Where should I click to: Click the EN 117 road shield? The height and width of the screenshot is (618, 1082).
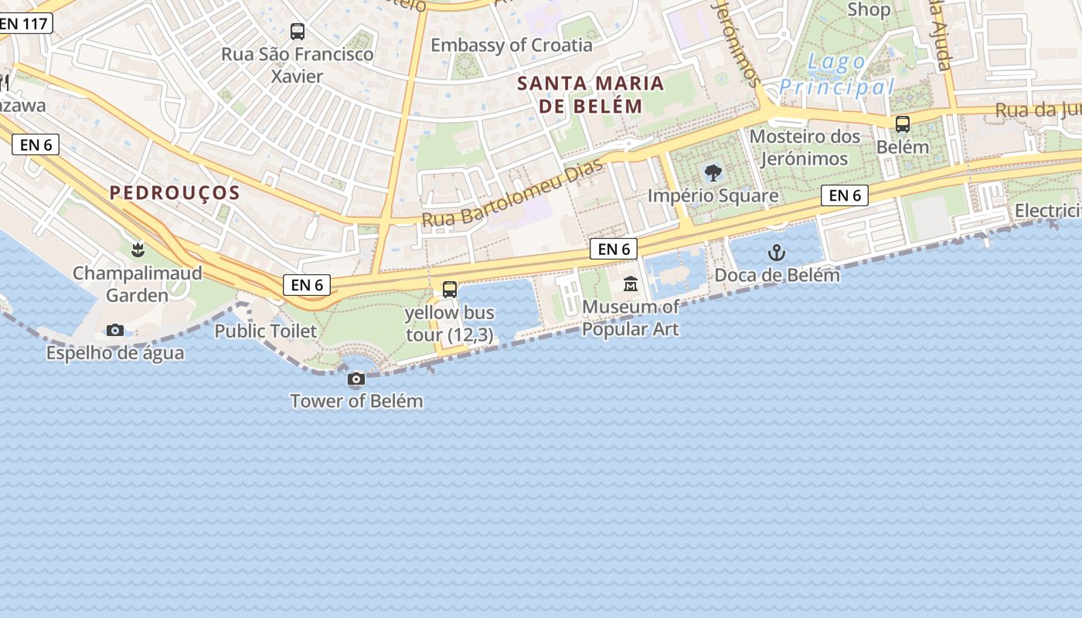[25, 23]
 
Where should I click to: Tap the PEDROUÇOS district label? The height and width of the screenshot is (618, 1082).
[175, 193]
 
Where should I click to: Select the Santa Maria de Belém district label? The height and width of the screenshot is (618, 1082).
[590, 94]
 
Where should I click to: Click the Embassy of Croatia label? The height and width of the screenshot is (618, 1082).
[511, 45]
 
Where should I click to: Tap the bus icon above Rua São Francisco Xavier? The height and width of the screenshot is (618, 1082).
[298, 32]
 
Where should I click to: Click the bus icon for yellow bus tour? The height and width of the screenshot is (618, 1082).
[450, 290]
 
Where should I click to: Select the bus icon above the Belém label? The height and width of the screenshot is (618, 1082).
[902, 124]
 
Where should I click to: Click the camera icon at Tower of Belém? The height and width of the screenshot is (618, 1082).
[356, 379]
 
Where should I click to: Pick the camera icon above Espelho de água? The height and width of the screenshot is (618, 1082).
[115, 331]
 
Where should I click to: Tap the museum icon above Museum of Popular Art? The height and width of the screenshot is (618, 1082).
[631, 284]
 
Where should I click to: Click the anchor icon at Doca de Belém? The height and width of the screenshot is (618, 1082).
[776, 253]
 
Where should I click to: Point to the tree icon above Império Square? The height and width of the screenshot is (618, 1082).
[713, 173]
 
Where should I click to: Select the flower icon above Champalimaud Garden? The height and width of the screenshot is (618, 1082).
[138, 250]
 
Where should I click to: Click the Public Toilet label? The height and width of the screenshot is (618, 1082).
[265, 331]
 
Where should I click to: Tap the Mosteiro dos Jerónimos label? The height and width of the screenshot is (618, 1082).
[805, 148]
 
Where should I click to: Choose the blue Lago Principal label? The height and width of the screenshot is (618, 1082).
[835, 74]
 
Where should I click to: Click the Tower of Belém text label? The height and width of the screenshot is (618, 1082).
[356, 401]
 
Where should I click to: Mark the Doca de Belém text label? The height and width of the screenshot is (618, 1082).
[777, 275]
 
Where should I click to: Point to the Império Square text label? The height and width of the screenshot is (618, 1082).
[713, 195]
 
